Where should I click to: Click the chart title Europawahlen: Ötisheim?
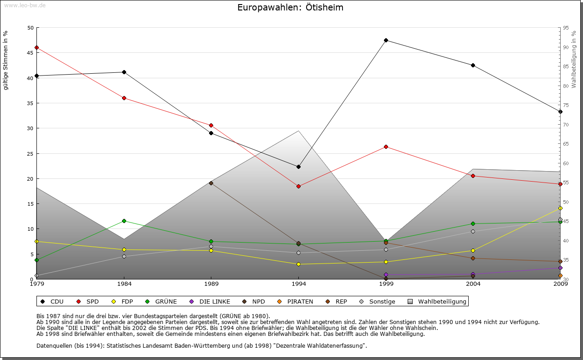pos(291,8)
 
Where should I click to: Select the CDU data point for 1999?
pos(386,40)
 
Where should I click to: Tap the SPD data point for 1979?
pos(36,47)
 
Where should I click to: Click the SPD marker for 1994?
pos(298,186)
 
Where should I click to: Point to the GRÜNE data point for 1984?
pos(124,221)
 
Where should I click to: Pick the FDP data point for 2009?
pos(560,208)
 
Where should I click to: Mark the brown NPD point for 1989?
pos(211,183)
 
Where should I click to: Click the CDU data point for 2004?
pos(473,65)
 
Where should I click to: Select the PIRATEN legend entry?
pos(296,301)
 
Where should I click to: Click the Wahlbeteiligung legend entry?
pos(437,301)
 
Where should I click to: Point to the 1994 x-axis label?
pos(299,284)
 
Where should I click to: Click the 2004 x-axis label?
pos(473,284)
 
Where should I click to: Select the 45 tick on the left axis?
pos(31,53)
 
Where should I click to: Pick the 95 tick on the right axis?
pos(565,28)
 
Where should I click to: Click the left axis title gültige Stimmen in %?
pos(6,60)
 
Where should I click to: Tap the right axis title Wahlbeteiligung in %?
pos(574,59)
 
